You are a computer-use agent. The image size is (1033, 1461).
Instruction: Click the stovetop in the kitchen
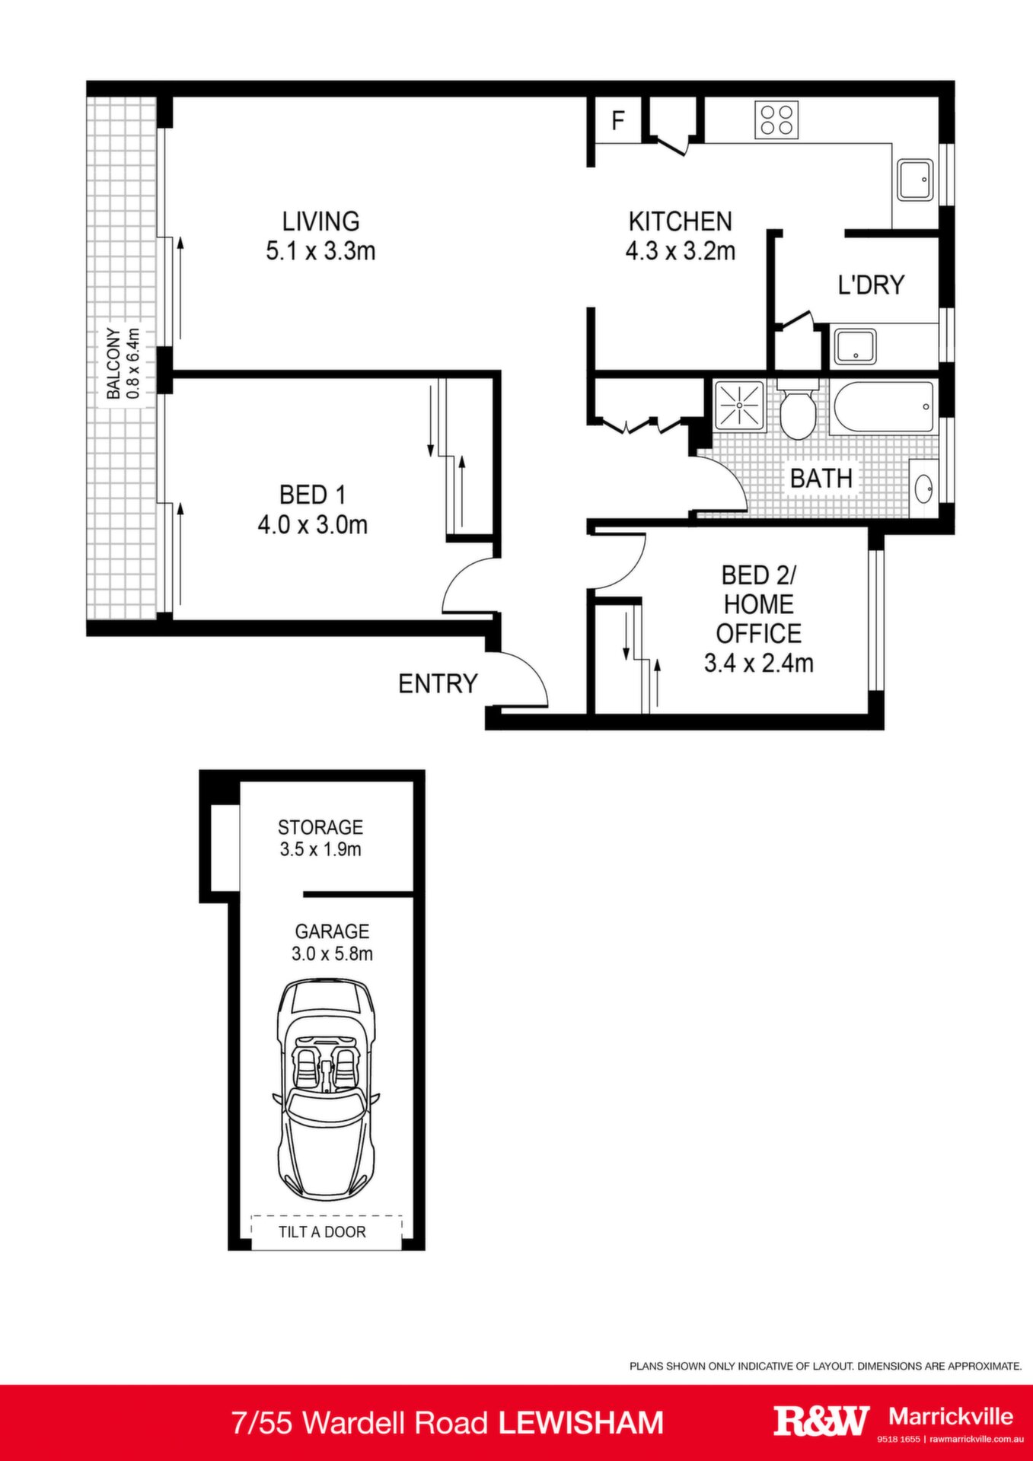(776, 120)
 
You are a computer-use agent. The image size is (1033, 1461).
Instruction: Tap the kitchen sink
(914, 180)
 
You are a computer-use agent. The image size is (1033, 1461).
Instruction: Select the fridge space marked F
(618, 120)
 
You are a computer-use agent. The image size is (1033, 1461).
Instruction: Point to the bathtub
(883, 409)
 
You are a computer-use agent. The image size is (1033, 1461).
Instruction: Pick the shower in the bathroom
(739, 406)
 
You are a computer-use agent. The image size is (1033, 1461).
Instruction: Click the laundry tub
(854, 346)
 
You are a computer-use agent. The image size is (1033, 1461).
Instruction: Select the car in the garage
(326, 1090)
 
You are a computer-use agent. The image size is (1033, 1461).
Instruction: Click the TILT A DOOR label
(322, 1232)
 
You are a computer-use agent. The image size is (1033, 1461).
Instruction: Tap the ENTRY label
(438, 683)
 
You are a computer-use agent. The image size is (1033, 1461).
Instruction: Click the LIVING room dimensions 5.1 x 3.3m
(320, 250)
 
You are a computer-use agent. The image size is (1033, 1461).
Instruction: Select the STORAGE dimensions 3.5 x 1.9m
(320, 849)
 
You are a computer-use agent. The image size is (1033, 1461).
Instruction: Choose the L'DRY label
(871, 285)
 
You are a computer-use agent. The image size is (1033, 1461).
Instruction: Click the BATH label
(821, 478)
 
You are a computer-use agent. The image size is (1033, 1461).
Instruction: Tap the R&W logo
(822, 1420)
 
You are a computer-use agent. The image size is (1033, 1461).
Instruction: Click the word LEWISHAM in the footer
(581, 1423)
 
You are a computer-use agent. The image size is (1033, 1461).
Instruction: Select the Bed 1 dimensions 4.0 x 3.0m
(313, 524)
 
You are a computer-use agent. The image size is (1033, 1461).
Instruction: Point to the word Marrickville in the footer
(951, 1416)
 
